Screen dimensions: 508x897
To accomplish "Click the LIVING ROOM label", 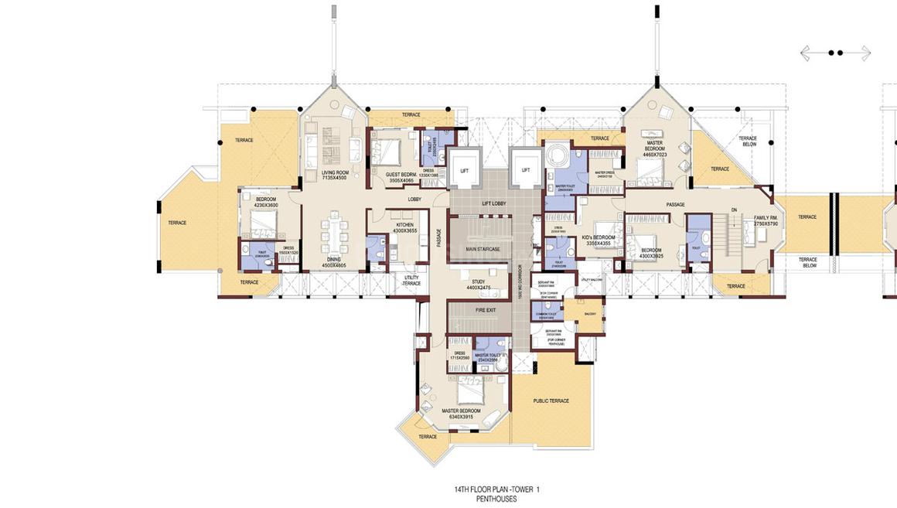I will [x=336, y=172].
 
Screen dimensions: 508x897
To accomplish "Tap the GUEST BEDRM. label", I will [x=401, y=175].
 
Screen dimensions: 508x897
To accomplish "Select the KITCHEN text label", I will [x=404, y=225].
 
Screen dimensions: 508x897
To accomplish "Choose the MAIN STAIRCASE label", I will [x=483, y=249].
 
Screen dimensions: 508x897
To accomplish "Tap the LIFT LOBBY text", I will [x=493, y=203].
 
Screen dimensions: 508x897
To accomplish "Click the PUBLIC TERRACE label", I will [x=551, y=401].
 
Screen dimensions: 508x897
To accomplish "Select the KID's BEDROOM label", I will [x=599, y=237].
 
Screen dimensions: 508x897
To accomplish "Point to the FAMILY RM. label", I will [x=765, y=218].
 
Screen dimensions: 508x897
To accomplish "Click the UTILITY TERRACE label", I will [x=411, y=281].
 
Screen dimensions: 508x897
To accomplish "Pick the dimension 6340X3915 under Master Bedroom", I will [x=460, y=417].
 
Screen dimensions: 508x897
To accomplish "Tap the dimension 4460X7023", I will [x=653, y=155].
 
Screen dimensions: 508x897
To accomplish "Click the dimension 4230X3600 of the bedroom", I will [x=267, y=205].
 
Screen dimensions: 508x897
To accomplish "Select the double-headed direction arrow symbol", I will [x=835, y=53].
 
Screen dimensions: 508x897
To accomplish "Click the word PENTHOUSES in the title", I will [x=497, y=499].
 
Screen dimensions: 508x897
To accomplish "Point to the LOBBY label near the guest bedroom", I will [x=415, y=199].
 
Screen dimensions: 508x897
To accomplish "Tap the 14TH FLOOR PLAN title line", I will [x=496, y=489].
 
